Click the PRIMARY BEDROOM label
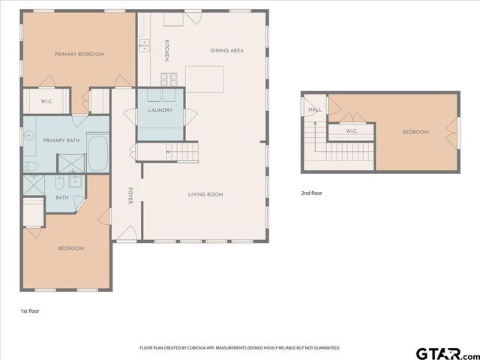pos(79,54)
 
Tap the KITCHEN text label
pos(166,50)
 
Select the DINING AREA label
pos(226,50)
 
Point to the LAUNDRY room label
pos(160,110)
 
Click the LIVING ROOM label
pos(205,194)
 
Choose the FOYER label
pos(130,195)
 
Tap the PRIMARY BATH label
pos(61,140)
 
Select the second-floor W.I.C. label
pos(351,132)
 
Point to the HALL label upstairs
pos(315,109)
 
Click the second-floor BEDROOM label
pos(415,132)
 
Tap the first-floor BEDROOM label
pos(71,248)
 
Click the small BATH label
pos(61,198)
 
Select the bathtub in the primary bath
pos(98,152)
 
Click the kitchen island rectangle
pos(205,78)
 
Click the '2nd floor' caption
pos(311,193)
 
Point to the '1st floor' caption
pos(30,310)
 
